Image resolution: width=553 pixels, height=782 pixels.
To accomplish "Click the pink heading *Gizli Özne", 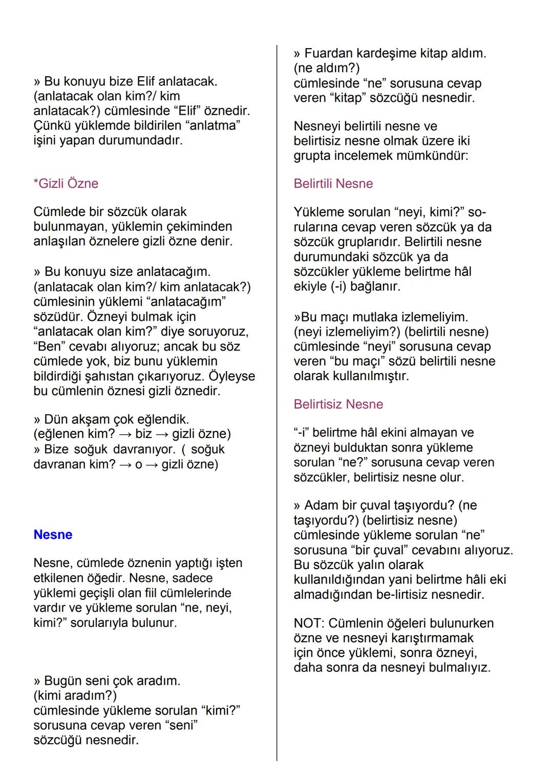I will (x=66, y=183).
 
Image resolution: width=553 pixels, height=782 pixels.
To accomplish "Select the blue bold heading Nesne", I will (x=53, y=534).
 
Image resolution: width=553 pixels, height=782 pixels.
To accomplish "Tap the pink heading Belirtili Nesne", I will (x=333, y=183).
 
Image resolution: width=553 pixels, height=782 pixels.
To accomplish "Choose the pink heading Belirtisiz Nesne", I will (x=338, y=404).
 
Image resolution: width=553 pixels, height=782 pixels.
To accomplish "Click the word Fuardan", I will (x=328, y=53).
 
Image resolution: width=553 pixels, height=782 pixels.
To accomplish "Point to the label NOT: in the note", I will (x=309, y=623).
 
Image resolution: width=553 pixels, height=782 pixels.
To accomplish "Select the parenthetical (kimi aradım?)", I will (x=75, y=696).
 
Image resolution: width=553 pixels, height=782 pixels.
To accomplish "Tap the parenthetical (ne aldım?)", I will (x=327, y=68).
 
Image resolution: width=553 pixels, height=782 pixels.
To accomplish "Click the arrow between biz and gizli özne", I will (x=162, y=434).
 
